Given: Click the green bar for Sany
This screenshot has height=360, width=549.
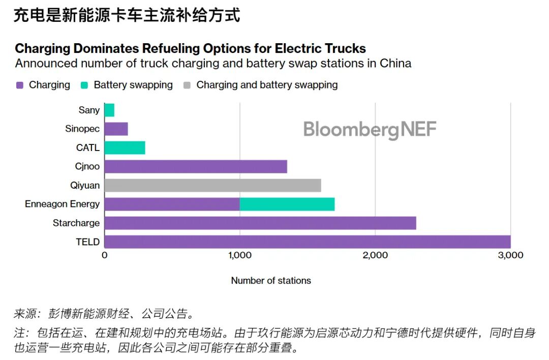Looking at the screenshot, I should click(x=109, y=110).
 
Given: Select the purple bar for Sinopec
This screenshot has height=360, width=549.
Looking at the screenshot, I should click(x=116, y=129).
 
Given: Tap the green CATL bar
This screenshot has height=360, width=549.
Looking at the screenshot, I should click(x=125, y=147).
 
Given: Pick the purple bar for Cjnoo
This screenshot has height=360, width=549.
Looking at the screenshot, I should click(x=196, y=166).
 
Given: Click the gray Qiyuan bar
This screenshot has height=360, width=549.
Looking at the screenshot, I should click(x=212, y=185).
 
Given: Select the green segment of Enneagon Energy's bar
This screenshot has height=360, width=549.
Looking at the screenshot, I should click(x=287, y=204).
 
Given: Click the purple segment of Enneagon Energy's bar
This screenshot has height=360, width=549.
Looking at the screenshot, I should click(x=172, y=204).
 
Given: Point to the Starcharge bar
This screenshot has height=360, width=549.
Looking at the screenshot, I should click(x=260, y=223).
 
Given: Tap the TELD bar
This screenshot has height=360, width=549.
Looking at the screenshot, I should click(x=308, y=242).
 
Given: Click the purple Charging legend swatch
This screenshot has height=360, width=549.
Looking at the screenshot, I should click(x=20, y=85).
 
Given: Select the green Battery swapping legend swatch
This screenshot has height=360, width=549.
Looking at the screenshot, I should click(x=84, y=85).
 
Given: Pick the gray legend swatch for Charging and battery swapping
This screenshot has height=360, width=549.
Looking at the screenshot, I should click(x=187, y=85).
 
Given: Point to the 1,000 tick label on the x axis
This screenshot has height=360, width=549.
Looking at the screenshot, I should click(x=239, y=255).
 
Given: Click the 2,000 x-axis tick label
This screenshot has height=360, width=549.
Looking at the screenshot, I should click(x=375, y=255).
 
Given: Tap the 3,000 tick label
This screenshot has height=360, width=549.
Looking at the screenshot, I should click(x=510, y=255).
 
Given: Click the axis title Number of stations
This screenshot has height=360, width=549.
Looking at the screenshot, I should click(x=271, y=281).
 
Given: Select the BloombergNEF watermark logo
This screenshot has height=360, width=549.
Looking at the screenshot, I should click(x=370, y=130).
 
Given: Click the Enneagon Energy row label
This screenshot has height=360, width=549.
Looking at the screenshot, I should click(x=62, y=204).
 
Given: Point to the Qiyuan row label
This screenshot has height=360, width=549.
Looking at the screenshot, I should click(x=85, y=185).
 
